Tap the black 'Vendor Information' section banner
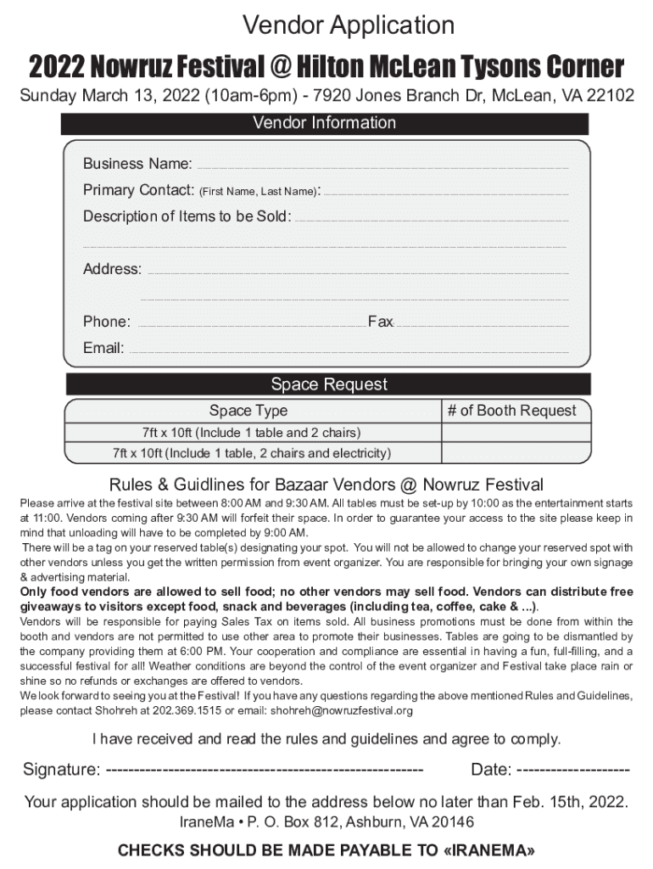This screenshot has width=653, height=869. (325, 123)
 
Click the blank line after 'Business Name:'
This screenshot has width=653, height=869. (382, 166)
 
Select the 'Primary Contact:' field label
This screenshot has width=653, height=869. (139, 190)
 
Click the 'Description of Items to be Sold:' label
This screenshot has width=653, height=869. (187, 216)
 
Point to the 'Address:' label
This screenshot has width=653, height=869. (112, 269)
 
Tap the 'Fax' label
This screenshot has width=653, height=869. (380, 322)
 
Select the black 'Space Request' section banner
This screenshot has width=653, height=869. (328, 384)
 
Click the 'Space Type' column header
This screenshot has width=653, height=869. (248, 411)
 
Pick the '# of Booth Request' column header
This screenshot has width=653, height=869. (511, 411)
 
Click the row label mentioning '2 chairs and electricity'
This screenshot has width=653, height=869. (252, 453)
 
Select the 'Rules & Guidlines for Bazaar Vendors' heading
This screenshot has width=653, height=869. (326, 485)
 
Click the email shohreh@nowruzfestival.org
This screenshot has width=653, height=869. (342, 710)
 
